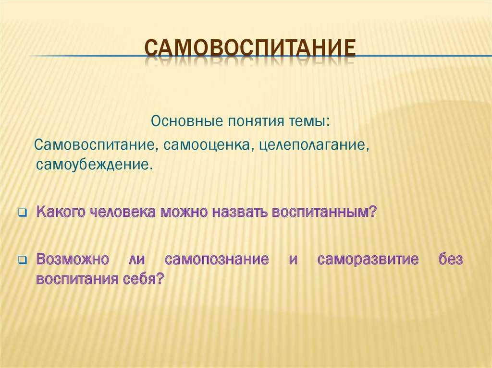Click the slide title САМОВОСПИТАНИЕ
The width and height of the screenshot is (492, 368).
coord(250,48)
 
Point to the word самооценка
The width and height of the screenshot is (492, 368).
coord(207,145)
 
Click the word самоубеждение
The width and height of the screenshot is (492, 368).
coord(95,164)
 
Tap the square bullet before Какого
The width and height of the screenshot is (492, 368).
coord(23,213)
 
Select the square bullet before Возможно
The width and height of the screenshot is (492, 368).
coord(23,260)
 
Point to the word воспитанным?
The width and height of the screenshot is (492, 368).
coord(324,212)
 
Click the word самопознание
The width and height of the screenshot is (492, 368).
coord(217,259)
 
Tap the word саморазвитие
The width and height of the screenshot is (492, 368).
coord(368,259)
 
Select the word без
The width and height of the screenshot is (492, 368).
coord(451,259)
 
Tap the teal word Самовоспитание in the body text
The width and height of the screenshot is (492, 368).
coord(96,145)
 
